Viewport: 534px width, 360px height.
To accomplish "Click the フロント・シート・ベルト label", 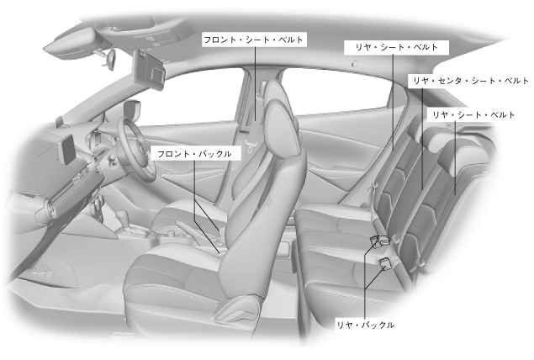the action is pyautogui.click(x=253, y=39).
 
